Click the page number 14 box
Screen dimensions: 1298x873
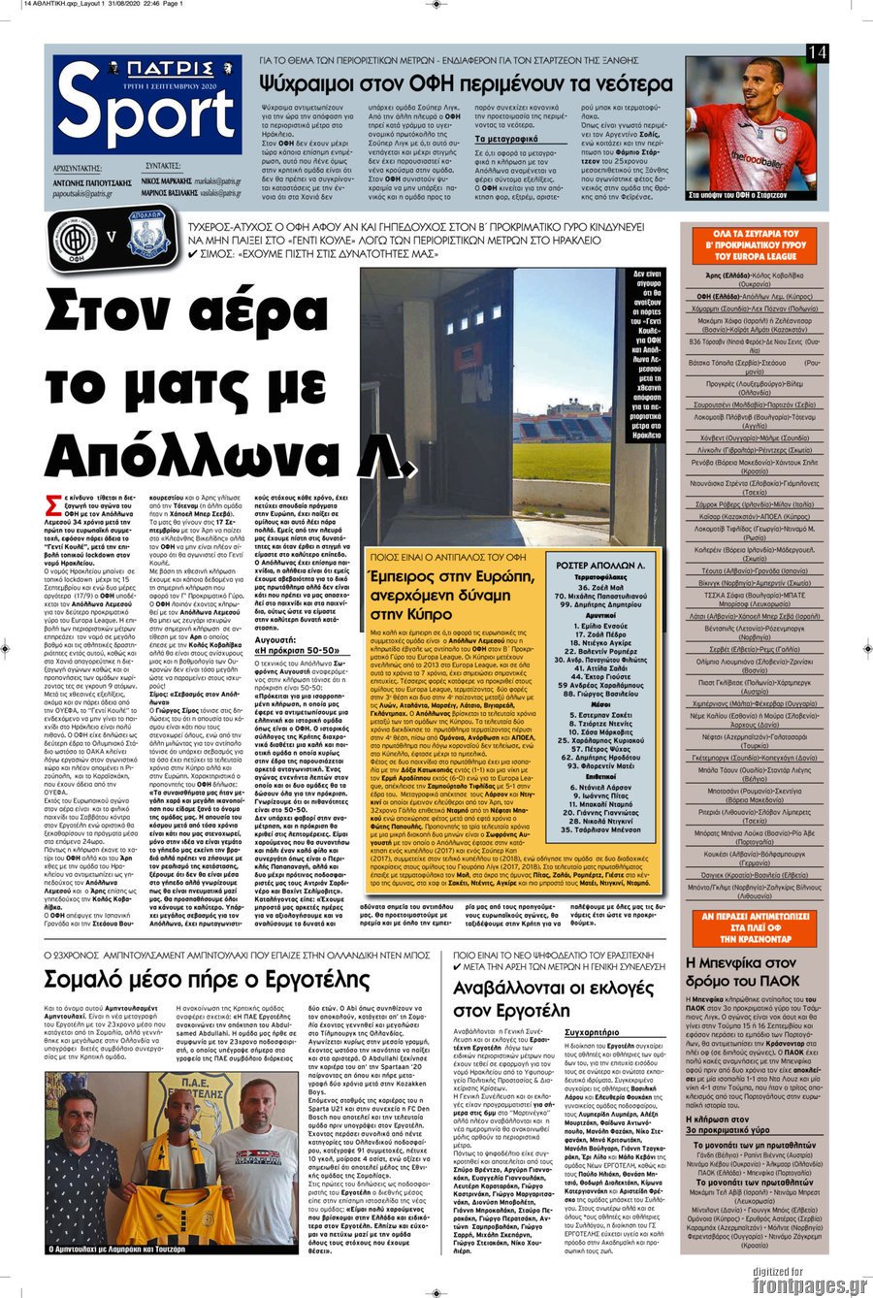818,53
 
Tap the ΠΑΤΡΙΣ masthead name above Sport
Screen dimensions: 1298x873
148,69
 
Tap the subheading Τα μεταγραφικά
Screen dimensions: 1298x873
507,139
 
